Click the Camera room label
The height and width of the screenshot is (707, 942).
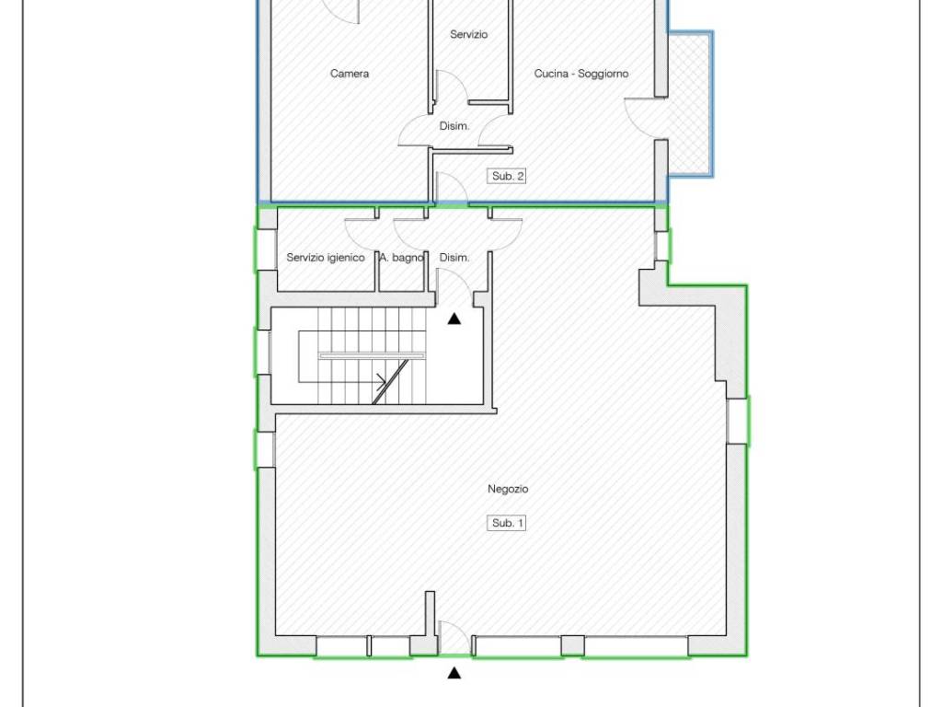coord(350,74)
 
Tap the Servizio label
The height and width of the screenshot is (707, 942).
coord(468,34)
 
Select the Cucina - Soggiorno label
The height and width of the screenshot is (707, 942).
coord(581,74)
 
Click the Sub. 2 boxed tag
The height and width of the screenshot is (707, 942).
coord(507,176)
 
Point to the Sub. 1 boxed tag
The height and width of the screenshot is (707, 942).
coord(507,523)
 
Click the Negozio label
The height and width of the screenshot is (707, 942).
coord(508,489)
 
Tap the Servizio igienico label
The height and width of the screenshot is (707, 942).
coord(325,258)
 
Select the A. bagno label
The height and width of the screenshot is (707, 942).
coord(401,258)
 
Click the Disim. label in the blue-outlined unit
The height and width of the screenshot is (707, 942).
coord(454,126)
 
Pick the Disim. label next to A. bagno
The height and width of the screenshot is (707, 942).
coord(454,258)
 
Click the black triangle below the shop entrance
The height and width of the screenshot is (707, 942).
coord(454,673)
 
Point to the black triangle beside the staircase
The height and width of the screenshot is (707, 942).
coord(454,319)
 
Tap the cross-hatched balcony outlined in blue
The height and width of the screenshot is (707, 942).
coord(690,104)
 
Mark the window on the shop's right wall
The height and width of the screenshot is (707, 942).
coord(737,421)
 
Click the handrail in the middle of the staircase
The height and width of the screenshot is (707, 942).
coord(372,356)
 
